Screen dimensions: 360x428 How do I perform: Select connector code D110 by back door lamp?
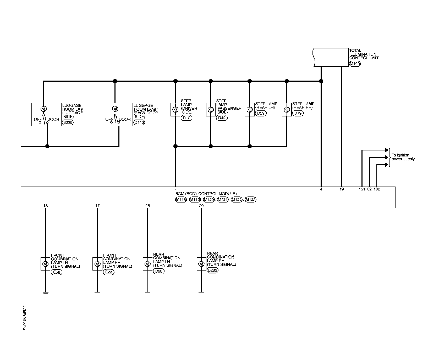click(139, 122)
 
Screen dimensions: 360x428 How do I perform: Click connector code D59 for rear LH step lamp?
click(261, 113)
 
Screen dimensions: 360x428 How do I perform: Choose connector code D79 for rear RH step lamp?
click(298, 113)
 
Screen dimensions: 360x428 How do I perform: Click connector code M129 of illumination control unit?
click(355, 64)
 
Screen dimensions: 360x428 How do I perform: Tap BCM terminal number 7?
click(175, 189)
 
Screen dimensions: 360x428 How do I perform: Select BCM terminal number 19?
click(342, 189)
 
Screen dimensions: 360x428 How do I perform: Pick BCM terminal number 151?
click(362, 189)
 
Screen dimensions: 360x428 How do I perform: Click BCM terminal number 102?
click(377, 189)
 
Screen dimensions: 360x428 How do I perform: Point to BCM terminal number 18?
click(46, 206)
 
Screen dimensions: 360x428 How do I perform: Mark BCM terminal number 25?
click(147, 206)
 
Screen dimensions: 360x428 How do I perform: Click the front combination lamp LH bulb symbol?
click(45, 264)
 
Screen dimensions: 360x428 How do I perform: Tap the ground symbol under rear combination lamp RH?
click(201, 293)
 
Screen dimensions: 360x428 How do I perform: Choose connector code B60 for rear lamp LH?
click(158, 271)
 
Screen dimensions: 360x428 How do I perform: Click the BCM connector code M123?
click(250, 200)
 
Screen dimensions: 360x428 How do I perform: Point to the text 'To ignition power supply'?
click(403, 157)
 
